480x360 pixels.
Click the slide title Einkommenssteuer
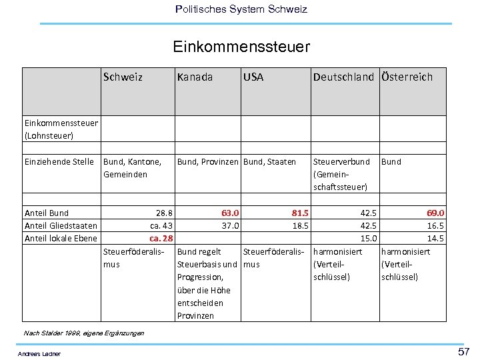pyautogui.click(x=241, y=47)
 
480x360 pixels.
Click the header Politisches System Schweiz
pyautogui.click(x=241, y=9)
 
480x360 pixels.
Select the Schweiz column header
pyautogui.click(x=123, y=77)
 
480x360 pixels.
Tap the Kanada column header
pyautogui.click(x=195, y=77)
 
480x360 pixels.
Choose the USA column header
pyautogui.click(x=253, y=77)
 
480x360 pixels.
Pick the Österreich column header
pyautogui.click(x=407, y=77)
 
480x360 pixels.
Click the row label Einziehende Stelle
pyautogui.click(x=59, y=161)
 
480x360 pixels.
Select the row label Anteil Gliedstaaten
pyautogui.click(x=61, y=226)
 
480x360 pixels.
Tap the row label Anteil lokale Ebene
pyautogui.click(x=61, y=239)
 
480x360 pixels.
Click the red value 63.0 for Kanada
pyautogui.click(x=230, y=213)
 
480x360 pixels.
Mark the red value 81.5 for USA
pyautogui.click(x=300, y=213)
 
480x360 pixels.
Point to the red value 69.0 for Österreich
pyautogui.click(x=435, y=213)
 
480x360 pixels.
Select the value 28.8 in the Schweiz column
pyautogui.click(x=164, y=213)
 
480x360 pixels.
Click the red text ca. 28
pyautogui.click(x=161, y=239)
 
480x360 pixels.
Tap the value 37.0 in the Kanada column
pyautogui.click(x=230, y=226)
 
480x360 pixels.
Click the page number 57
pyautogui.click(x=463, y=351)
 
